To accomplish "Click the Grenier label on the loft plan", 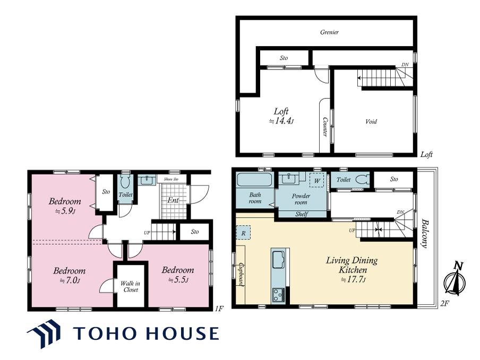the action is pos(329,32).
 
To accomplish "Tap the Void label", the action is pos(371,122).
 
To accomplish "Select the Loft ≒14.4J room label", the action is pos(281,116).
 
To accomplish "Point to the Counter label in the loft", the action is pos(325,127).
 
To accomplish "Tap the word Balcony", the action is pos(424,233).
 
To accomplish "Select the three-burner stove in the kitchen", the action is pos(278,295).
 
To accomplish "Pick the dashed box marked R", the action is pos(243,233).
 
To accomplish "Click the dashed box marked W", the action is pos(316,181).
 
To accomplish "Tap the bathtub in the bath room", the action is pos(255,179).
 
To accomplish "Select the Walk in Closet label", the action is pos(131,287).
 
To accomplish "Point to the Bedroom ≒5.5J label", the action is pos(178,275).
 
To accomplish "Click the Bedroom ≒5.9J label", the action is pos(65,205).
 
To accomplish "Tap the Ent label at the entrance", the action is pos(173,200).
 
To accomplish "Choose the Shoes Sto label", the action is pos(171,179).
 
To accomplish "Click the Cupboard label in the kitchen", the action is pos(242,275).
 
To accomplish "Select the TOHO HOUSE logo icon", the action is pos(44,333).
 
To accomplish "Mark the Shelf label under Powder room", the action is pos(302,215).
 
